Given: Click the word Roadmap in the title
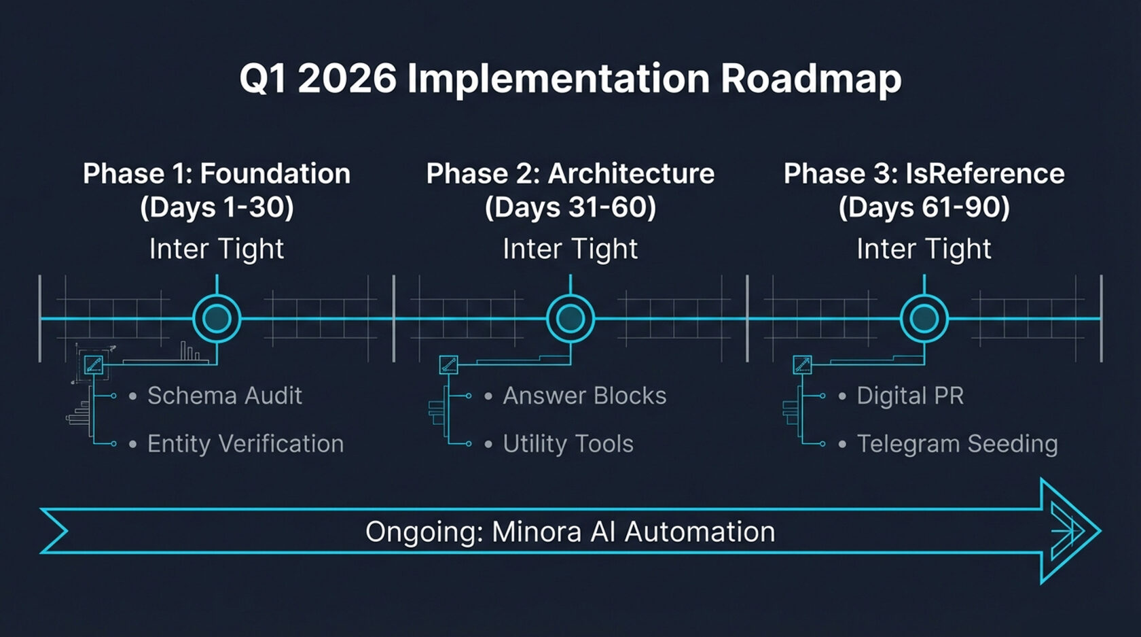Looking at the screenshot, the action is point(811,79).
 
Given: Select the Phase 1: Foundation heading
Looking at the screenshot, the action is point(217,174).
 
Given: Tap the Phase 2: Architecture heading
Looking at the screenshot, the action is point(570,174).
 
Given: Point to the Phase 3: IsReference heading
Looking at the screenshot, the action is point(924,174).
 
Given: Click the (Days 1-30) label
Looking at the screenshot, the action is point(217,207).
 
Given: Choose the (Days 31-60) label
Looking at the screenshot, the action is point(570,207).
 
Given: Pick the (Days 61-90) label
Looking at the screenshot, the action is point(924,207).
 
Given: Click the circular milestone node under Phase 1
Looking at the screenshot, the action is point(217,318).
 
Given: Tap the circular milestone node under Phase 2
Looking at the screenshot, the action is point(570,318).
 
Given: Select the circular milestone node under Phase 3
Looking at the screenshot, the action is point(924,318).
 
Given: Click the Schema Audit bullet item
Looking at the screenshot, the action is point(224,396).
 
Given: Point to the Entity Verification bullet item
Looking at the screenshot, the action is point(245,444).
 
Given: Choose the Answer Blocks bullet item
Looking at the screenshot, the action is point(584,396).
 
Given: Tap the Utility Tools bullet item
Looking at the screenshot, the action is point(568,444).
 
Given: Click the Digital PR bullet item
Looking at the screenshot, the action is point(910,396).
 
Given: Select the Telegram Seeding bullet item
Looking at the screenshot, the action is point(957,444).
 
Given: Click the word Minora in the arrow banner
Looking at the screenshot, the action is point(537,532).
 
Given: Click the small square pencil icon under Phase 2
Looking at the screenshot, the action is point(448,365).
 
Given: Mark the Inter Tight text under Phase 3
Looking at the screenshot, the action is point(924,249).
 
